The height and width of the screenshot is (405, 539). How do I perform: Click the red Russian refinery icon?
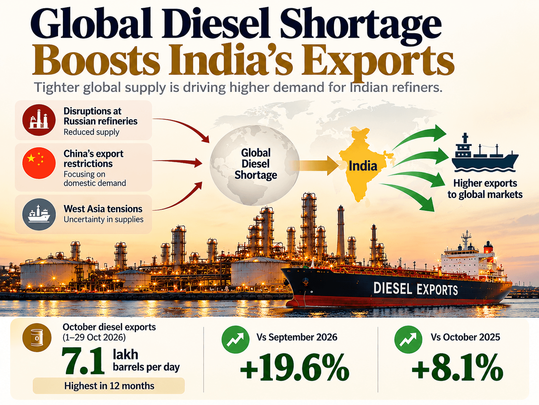pyautogui.click(x=39, y=120)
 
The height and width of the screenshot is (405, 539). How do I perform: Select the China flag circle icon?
pyautogui.click(x=39, y=163)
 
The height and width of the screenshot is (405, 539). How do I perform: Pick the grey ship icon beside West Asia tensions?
pyautogui.click(x=39, y=214)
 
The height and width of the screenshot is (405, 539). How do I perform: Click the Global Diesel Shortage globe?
pyautogui.click(x=255, y=165)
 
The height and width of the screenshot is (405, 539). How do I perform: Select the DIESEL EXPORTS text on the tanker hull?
pyautogui.click(x=415, y=289)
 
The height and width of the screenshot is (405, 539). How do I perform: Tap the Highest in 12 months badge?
pyautogui.click(x=109, y=386)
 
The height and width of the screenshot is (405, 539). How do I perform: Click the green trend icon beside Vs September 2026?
pyautogui.click(x=236, y=339)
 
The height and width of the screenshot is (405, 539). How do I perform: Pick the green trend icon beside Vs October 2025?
pyautogui.click(x=408, y=339)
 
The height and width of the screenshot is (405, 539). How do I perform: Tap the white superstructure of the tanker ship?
pyautogui.click(x=462, y=263)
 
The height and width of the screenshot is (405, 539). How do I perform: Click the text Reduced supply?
pyautogui.click(x=91, y=132)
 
